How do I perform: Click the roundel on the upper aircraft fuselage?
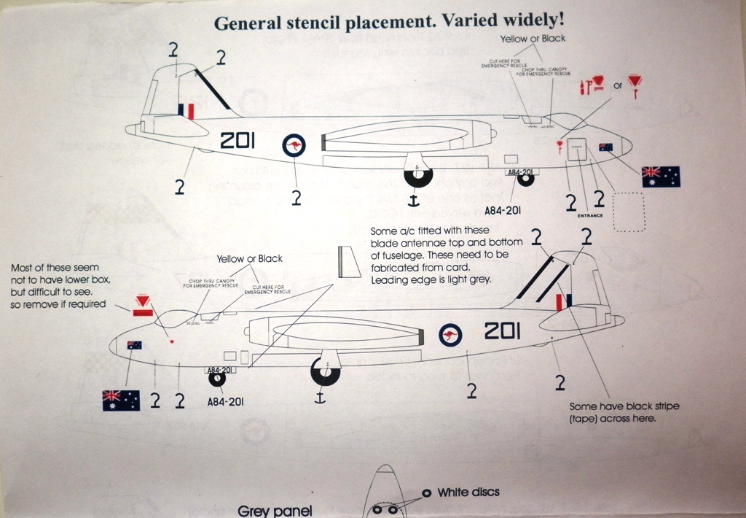click(x=294, y=146)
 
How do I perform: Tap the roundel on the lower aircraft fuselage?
click(x=452, y=335)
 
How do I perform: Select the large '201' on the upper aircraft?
click(x=237, y=141)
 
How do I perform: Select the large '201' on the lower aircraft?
click(x=502, y=331)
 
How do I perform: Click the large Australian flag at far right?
click(x=660, y=177)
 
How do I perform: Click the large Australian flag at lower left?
click(x=121, y=400)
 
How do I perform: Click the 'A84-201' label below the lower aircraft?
click(x=225, y=401)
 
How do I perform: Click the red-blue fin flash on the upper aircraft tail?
click(x=186, y=110)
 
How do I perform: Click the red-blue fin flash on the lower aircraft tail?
click(x=562, y=301)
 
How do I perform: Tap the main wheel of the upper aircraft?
click(x=418, y=175)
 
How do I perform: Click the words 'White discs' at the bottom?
click(x=468, y=492)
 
